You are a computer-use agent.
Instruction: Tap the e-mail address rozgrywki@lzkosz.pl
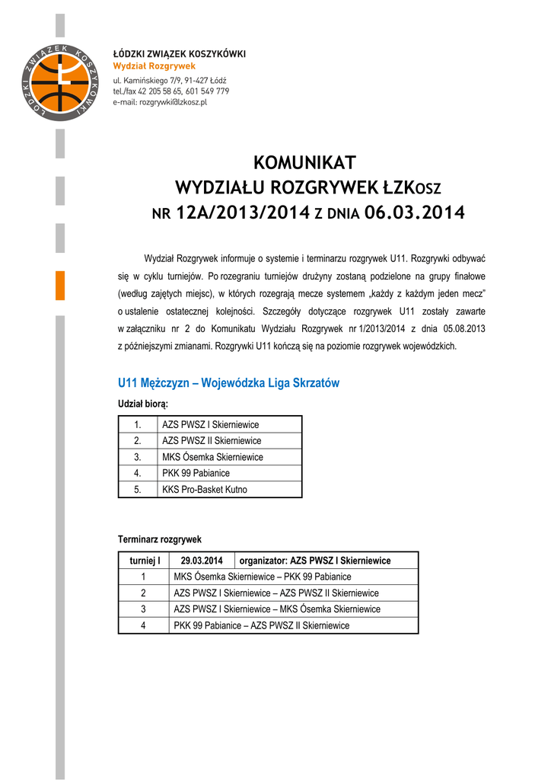coord(160,101)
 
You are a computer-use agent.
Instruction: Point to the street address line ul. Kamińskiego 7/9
coord(170,80)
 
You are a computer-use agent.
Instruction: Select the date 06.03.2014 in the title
coord(414,213)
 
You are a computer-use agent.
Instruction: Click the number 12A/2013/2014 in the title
coord(242,213)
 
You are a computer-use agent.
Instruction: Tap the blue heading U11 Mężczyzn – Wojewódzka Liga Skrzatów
coord(228,382)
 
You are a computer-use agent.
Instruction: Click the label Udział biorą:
coord(142,403)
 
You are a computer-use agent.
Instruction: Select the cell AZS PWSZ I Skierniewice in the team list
coord(211,424)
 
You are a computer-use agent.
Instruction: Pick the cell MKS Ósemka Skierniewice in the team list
coord(212,457)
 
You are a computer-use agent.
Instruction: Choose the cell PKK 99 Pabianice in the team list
coord(196,473)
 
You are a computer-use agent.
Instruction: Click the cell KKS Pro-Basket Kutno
coord(205,490)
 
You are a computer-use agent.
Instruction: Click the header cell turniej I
coord(143,561)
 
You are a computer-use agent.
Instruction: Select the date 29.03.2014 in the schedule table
coord(202,561)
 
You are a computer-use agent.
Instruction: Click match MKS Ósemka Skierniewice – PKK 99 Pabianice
coord(263,577)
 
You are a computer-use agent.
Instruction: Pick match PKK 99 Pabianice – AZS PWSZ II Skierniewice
coord(262,625)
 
